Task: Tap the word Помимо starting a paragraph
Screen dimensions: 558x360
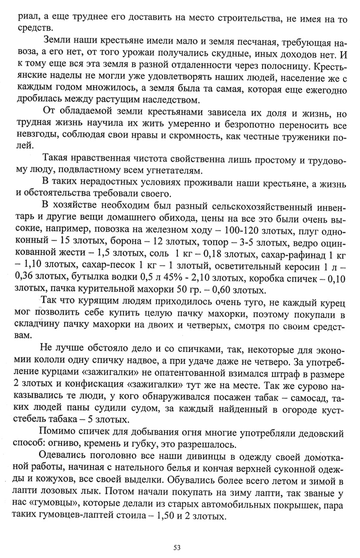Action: click(x=57, y=433)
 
